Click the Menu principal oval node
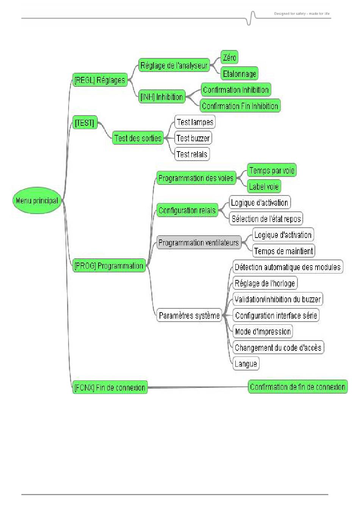37,200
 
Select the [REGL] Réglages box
100,80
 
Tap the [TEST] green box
85,123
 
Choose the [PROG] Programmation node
109,266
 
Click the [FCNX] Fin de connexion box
110,387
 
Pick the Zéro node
229,57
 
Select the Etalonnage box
239,73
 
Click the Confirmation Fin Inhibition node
240,106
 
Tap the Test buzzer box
193,138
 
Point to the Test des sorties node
138,138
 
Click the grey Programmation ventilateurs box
199,242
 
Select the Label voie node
264,186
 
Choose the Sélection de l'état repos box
266,218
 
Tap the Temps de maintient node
283,251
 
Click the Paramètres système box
189,315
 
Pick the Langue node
246,364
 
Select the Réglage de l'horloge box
265,283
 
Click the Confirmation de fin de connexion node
297,387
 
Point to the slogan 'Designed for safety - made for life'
302,14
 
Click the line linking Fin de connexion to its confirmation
198,387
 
